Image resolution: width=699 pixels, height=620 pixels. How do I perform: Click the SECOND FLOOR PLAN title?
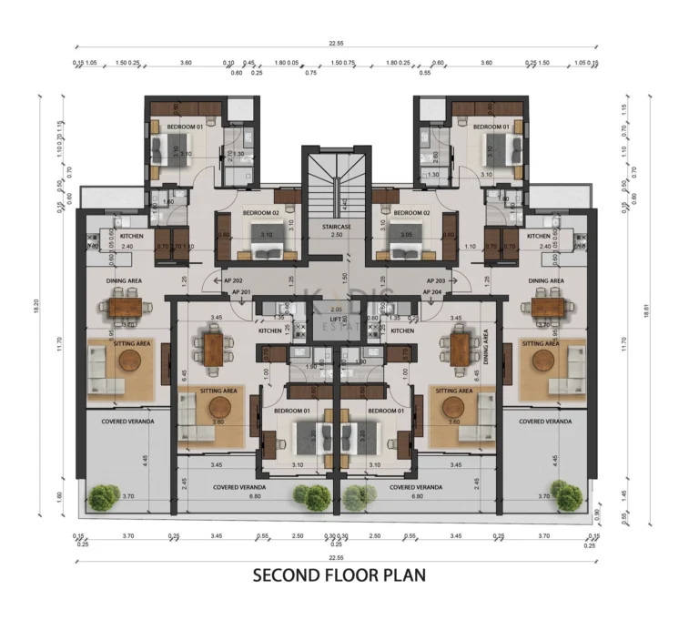(x=338, y=575)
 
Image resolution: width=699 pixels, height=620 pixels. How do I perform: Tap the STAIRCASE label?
(x=337, y=225)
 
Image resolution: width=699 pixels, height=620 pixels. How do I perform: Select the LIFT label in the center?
(x=337, y=320)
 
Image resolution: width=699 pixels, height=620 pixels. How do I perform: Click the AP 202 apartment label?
(x=233, y=281)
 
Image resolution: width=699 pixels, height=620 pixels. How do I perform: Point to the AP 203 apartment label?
(x=436, y=281)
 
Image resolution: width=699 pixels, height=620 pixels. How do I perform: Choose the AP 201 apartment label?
(x=241, y=292)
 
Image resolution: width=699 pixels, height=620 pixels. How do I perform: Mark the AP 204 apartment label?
(x=431, y=292)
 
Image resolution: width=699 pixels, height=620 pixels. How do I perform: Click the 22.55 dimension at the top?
(x=337, y=42)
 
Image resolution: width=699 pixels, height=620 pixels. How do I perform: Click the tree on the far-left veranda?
(x=105, y=497)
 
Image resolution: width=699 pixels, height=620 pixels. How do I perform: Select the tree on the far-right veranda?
(x=568, y=497)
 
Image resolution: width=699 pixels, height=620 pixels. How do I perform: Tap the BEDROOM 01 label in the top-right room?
(x=490, y=127)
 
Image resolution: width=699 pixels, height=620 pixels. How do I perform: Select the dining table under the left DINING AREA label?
(x=123, y=307)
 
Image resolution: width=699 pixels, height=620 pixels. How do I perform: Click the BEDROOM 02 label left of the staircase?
(x=259, y=213)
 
